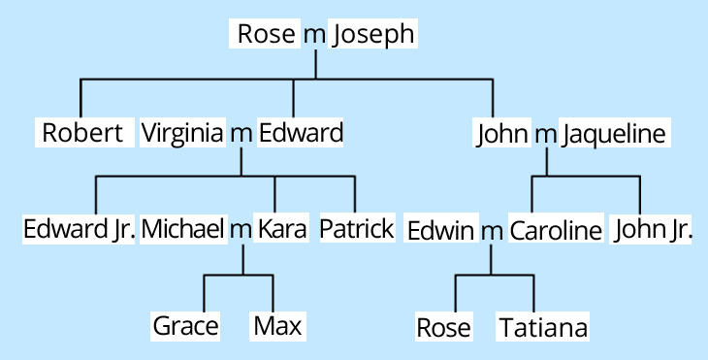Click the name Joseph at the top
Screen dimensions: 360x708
373,36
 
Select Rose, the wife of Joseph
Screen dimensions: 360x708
266,36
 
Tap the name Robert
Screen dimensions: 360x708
82,133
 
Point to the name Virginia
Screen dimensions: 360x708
182,133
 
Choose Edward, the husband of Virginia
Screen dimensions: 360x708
301,133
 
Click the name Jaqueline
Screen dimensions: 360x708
615,134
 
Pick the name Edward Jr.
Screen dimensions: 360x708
80,230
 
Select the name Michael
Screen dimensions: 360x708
183,230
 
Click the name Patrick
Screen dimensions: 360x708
356,230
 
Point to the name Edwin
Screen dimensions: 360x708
441,232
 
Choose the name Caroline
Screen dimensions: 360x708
556,232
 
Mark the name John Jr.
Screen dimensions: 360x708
652,231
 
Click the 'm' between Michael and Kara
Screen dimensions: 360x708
240,231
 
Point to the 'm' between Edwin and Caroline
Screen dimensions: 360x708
493,233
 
